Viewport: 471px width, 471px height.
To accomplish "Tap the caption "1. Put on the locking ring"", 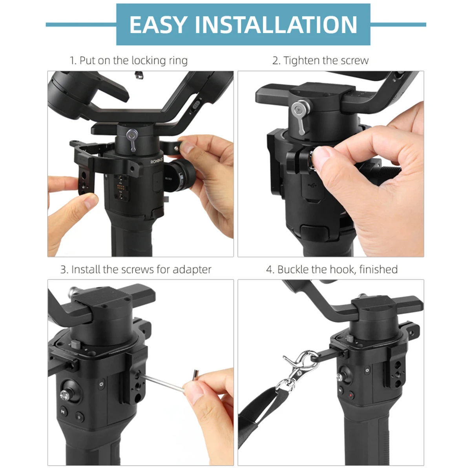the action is click(x=129, y=60).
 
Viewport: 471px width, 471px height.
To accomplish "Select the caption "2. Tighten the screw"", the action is click(x=320, y=60).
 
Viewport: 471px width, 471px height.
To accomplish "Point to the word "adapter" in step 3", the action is click(x=192, y=270).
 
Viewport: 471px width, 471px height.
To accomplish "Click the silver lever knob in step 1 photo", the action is click(x=132, y=140).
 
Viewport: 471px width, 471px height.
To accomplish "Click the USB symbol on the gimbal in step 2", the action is click(x=312, y=185).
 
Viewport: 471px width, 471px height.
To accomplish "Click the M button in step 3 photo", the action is click(x=64, y=412).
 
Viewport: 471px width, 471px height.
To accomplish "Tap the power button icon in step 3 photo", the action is click(x=101, y=384).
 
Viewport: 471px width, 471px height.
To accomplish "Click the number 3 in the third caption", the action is click(x=63, y=270).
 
